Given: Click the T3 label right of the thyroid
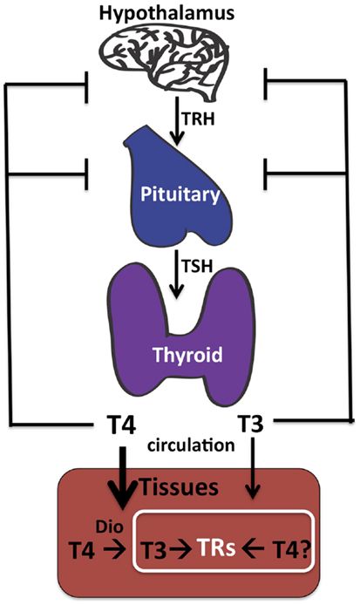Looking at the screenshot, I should pyautogui.click(x=253, y=427).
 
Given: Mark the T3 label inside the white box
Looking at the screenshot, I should pyautogui.click(x=160, y=550).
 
